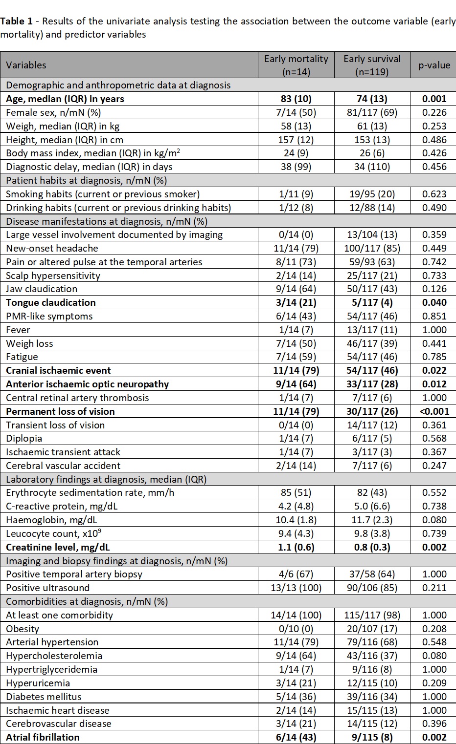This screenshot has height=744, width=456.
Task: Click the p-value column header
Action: click(434, 65)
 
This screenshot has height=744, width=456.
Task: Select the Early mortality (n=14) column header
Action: click(296, 65)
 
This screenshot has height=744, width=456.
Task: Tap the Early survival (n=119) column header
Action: click(372, 65)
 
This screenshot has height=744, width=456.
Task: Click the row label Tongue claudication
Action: click(51, 302)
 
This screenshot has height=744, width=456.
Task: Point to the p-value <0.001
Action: click(434, 411)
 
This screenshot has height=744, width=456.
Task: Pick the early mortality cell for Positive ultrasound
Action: click(296, 588)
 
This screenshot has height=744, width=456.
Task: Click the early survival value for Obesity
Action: click(372, 629)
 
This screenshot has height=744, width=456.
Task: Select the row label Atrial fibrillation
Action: click(43, 737)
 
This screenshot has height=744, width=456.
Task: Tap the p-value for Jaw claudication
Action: click(434, 289)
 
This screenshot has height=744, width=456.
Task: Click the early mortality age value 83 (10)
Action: click(296, 99)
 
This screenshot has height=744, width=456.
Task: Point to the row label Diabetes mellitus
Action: click(44, 697)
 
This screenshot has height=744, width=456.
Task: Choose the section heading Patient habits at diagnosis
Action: click(87, 180)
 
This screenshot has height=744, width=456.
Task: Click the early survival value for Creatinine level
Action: click(372, 547)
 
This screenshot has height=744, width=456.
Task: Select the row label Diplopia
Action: click(24, 438)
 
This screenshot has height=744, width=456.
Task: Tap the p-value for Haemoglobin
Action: click(434, 520)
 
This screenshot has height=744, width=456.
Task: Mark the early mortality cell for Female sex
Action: click(296, 112)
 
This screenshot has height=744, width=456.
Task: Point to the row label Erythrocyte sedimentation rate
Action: click(90, 492)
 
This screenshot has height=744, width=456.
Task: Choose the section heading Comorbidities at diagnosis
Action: click(87, 601)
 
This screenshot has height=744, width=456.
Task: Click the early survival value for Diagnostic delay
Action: click(372, 167)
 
